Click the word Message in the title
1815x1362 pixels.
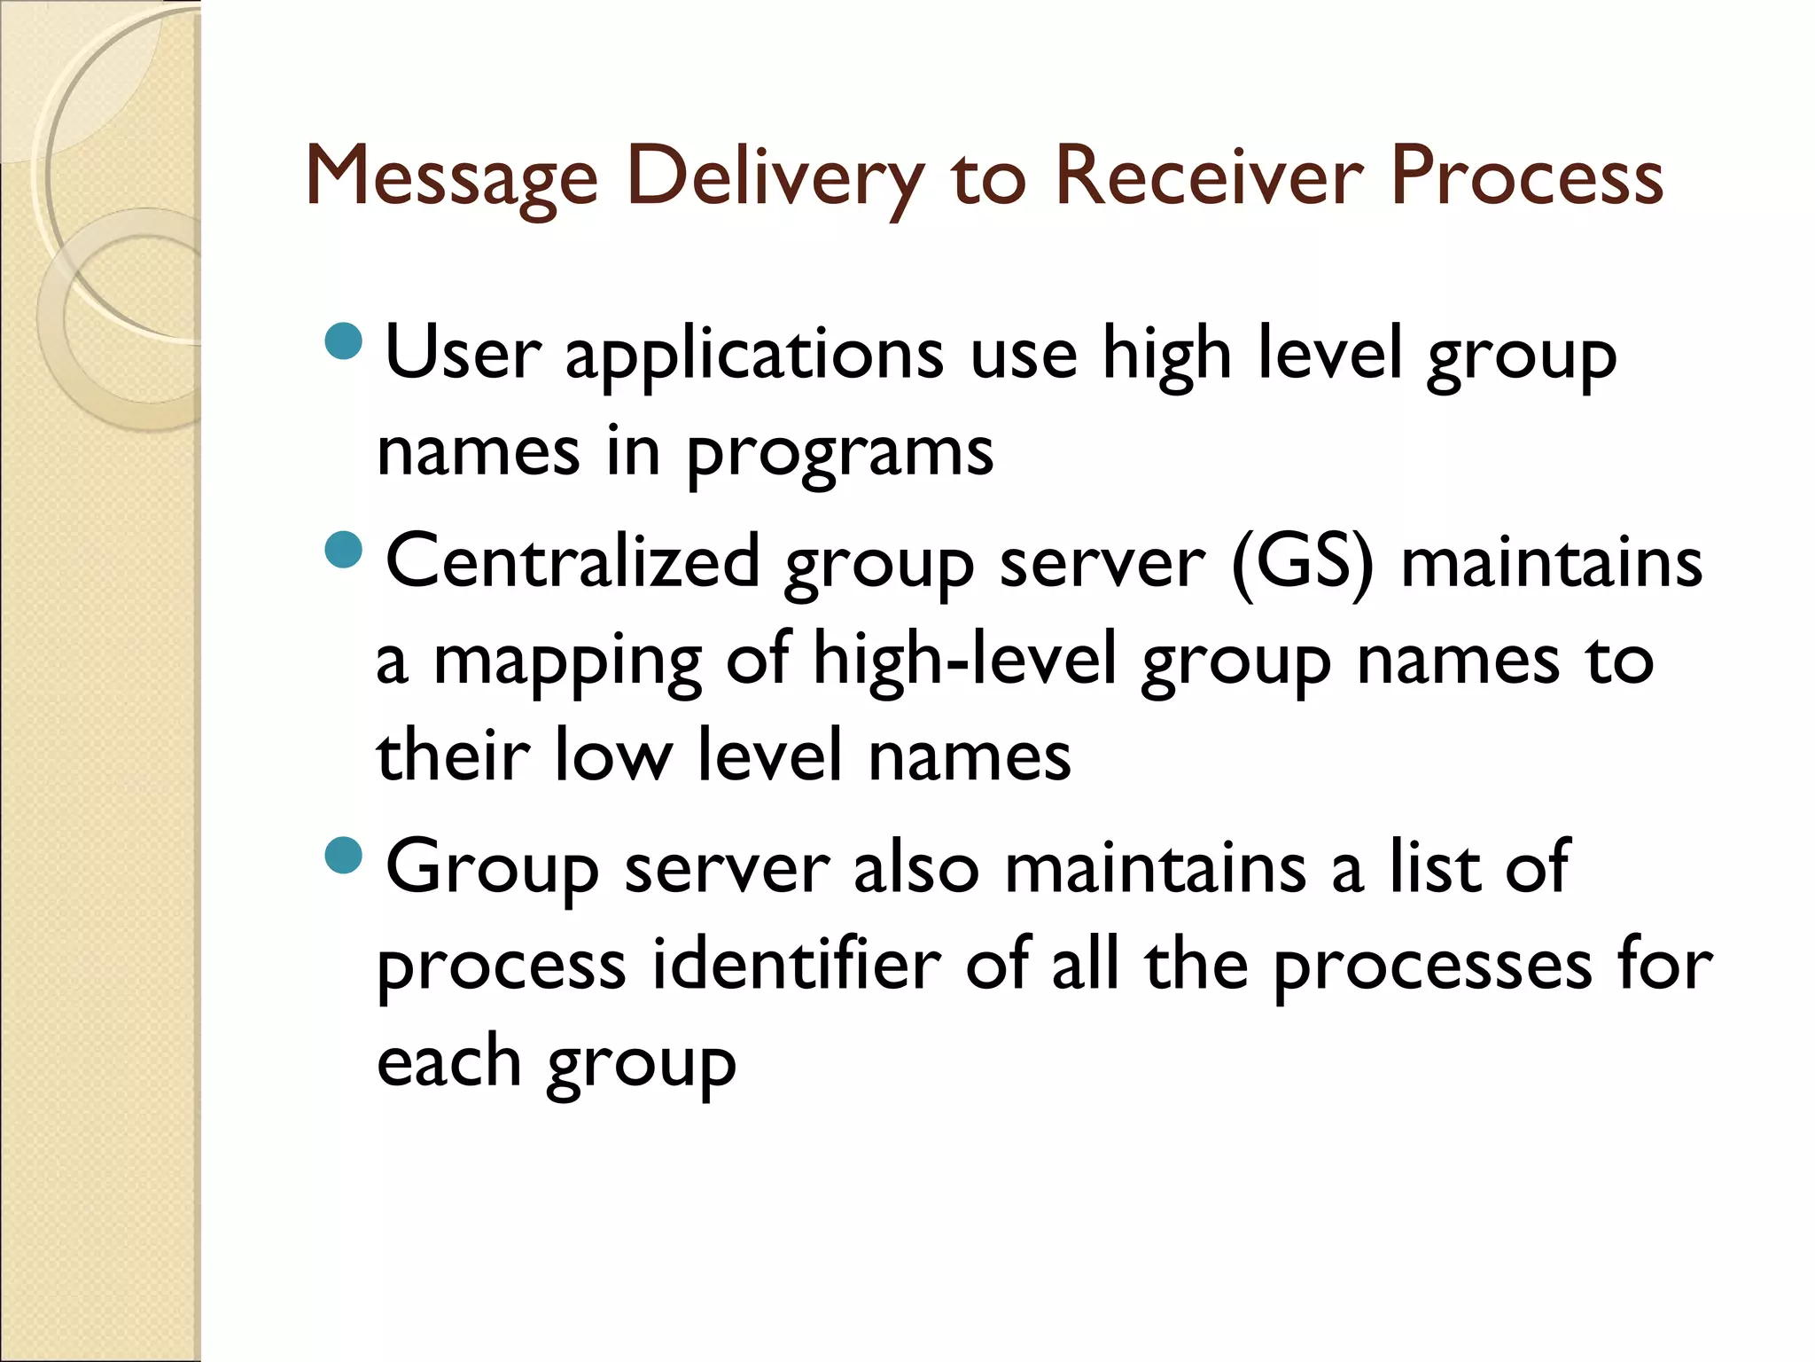[452, 177]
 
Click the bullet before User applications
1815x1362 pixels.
[344, 340]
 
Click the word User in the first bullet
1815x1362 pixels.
[463, 353]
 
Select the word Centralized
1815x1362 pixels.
[573, 561]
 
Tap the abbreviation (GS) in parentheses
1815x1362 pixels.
[1302, 563]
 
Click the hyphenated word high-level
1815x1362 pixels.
[965, 660]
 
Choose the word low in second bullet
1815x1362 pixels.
[612, 755]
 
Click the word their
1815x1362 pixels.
[453, 755]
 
